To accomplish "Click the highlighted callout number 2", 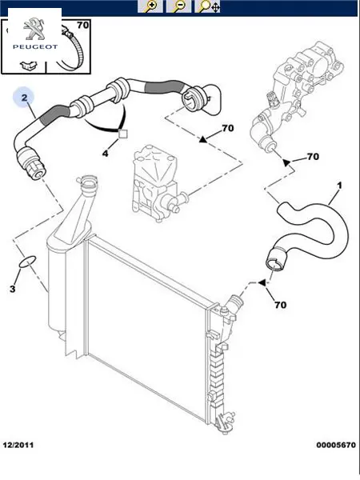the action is (24, 98).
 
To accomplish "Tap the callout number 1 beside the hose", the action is (339, 186).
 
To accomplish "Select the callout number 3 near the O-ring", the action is (12, 289).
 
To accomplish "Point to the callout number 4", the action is (105, 153).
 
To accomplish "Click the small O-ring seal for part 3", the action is (27, 262).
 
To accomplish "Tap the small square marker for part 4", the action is (122, 134).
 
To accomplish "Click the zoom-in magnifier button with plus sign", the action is (150, 6).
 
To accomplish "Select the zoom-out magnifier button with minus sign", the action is (178, 6).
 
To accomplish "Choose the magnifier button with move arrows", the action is (207, 6).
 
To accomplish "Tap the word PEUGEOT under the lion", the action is (35, 47).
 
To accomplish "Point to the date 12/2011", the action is (18, 445).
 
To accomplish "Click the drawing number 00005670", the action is (336, 445).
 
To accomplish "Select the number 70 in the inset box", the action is (82, 25).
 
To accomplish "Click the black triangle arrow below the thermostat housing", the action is (286, 162).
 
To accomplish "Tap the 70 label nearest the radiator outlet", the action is (281, 305).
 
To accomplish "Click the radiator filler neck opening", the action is (89, 183).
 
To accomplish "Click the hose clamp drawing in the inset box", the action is (70, 46).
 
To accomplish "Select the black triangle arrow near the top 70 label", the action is (203, 139).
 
